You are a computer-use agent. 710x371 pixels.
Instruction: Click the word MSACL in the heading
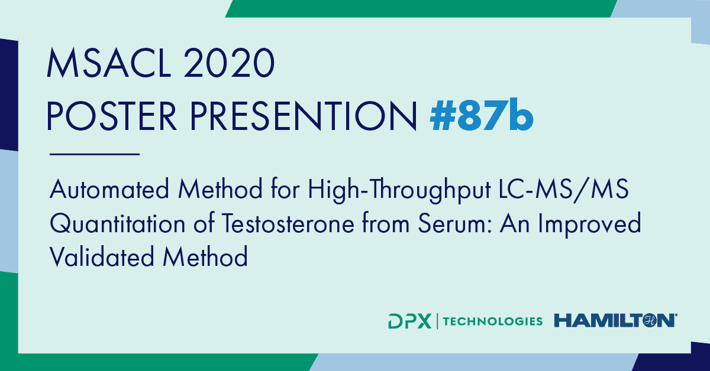109,63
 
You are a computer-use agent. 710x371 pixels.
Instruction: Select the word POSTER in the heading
112,115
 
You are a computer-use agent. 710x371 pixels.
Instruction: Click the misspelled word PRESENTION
304,115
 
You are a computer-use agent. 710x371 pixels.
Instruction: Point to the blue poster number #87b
482,114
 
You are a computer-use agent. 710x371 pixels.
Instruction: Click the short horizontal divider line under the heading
95,154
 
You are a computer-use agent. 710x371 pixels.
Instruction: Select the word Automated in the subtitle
109,189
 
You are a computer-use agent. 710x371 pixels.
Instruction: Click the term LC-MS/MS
563,189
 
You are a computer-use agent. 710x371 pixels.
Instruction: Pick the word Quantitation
118,223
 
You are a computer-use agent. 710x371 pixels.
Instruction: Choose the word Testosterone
288,223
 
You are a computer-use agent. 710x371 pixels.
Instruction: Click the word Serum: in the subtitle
455,223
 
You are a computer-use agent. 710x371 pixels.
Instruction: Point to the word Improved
589,224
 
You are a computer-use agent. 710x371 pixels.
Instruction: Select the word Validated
102,256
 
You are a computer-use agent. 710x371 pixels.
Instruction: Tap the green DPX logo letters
410,321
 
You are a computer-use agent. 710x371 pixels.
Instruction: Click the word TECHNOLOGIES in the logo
493,321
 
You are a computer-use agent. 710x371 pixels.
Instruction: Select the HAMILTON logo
615,320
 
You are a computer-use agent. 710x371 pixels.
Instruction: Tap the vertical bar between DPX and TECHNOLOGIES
437,321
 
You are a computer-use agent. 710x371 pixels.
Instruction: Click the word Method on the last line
205,256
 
